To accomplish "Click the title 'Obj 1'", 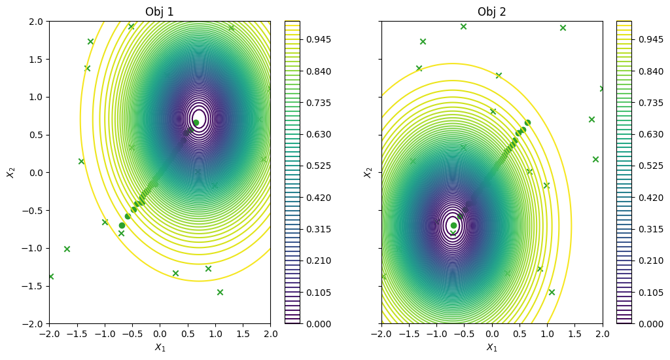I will point(160,12).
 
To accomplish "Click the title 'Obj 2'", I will point(491,12).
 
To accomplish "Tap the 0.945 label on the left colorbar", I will point(319,39).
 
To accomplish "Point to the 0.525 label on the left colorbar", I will point(319,166).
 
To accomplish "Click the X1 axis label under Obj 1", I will point(160,348).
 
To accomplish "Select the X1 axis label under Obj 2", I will point(491,348).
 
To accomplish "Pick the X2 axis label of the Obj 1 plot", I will point(10,172).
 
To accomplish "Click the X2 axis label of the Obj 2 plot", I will point(367,172).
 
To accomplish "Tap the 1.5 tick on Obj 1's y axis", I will point(35,60).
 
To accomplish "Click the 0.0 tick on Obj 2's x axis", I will point(492,334).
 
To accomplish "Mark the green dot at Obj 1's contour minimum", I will point(196,122).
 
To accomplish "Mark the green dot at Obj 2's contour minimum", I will point(453,225).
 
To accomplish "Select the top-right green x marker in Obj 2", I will point(563,27).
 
